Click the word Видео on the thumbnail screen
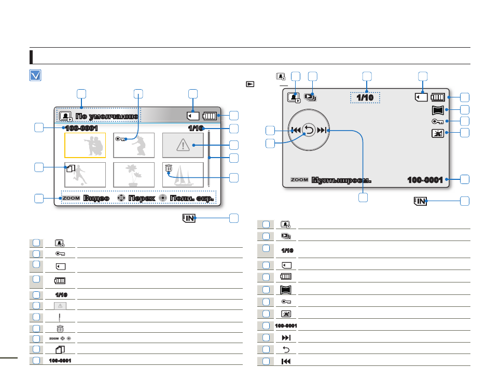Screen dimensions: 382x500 pyautogui.click(x=96, y=198)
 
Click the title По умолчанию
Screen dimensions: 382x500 pyautogui.click(x=106, y=116)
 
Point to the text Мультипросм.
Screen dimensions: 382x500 pyautogui.click(x=341, y=180)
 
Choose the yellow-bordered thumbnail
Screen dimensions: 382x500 pyautogui.click(x=85, y=145)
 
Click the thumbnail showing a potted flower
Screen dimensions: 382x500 pyautogui.click(x=134, y=175)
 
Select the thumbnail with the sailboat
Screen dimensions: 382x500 pyautogui.click(x=183, y=175)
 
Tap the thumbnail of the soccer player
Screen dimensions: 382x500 pyautogui.click(x=85, y=175)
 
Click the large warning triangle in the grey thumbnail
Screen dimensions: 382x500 pyautogui.click(x=183, y=145)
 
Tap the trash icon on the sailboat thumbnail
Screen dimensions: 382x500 pyautogui.click(x=168, y=167)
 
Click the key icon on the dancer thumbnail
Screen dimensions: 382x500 pyautogui.click(x=121, y=138)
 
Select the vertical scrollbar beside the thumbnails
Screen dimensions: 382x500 pyautogui.click(x=209, y=158)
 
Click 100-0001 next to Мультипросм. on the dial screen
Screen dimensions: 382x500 pyautogui.click(x=425, y=180)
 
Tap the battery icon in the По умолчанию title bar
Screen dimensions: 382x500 pyautogui.click(x=210, y=116)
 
